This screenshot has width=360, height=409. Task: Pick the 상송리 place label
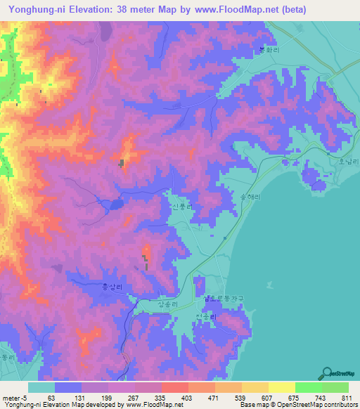[x=169, y=303]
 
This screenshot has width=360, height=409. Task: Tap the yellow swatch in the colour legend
[x=281, y=387]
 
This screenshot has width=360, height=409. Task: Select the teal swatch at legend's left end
[x=41, y=387]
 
